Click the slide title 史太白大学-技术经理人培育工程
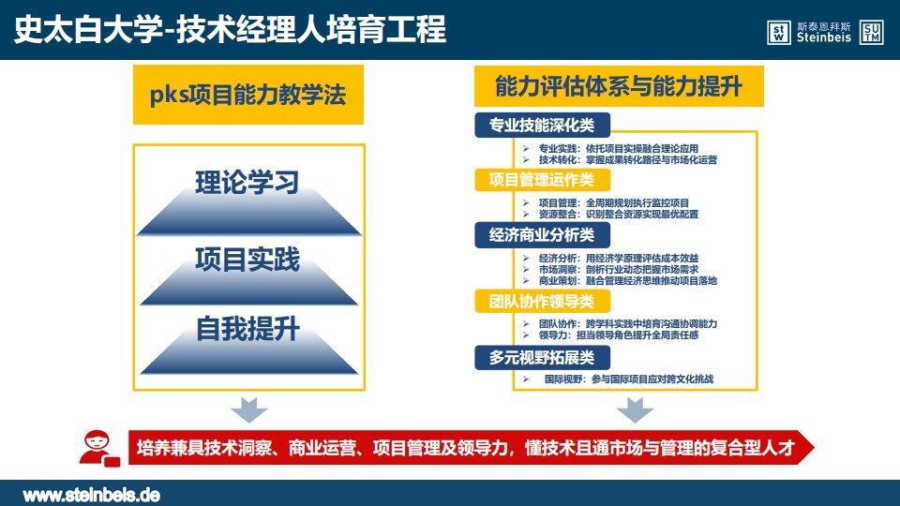point(231,30)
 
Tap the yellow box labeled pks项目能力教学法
point(248,95)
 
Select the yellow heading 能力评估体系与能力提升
point(619,86)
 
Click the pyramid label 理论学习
point(247,183)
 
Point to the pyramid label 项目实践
point(247,260)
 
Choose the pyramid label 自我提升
point(247,329)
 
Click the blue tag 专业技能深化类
point(543,125)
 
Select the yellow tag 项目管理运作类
point(543,180)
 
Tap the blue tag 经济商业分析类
point(543,235)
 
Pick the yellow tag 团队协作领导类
point(543,302)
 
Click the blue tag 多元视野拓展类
point(543,358)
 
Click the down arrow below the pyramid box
point(248,409)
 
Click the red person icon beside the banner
point(99,448)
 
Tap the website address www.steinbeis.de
point(91,495)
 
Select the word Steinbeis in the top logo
point(824,37)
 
